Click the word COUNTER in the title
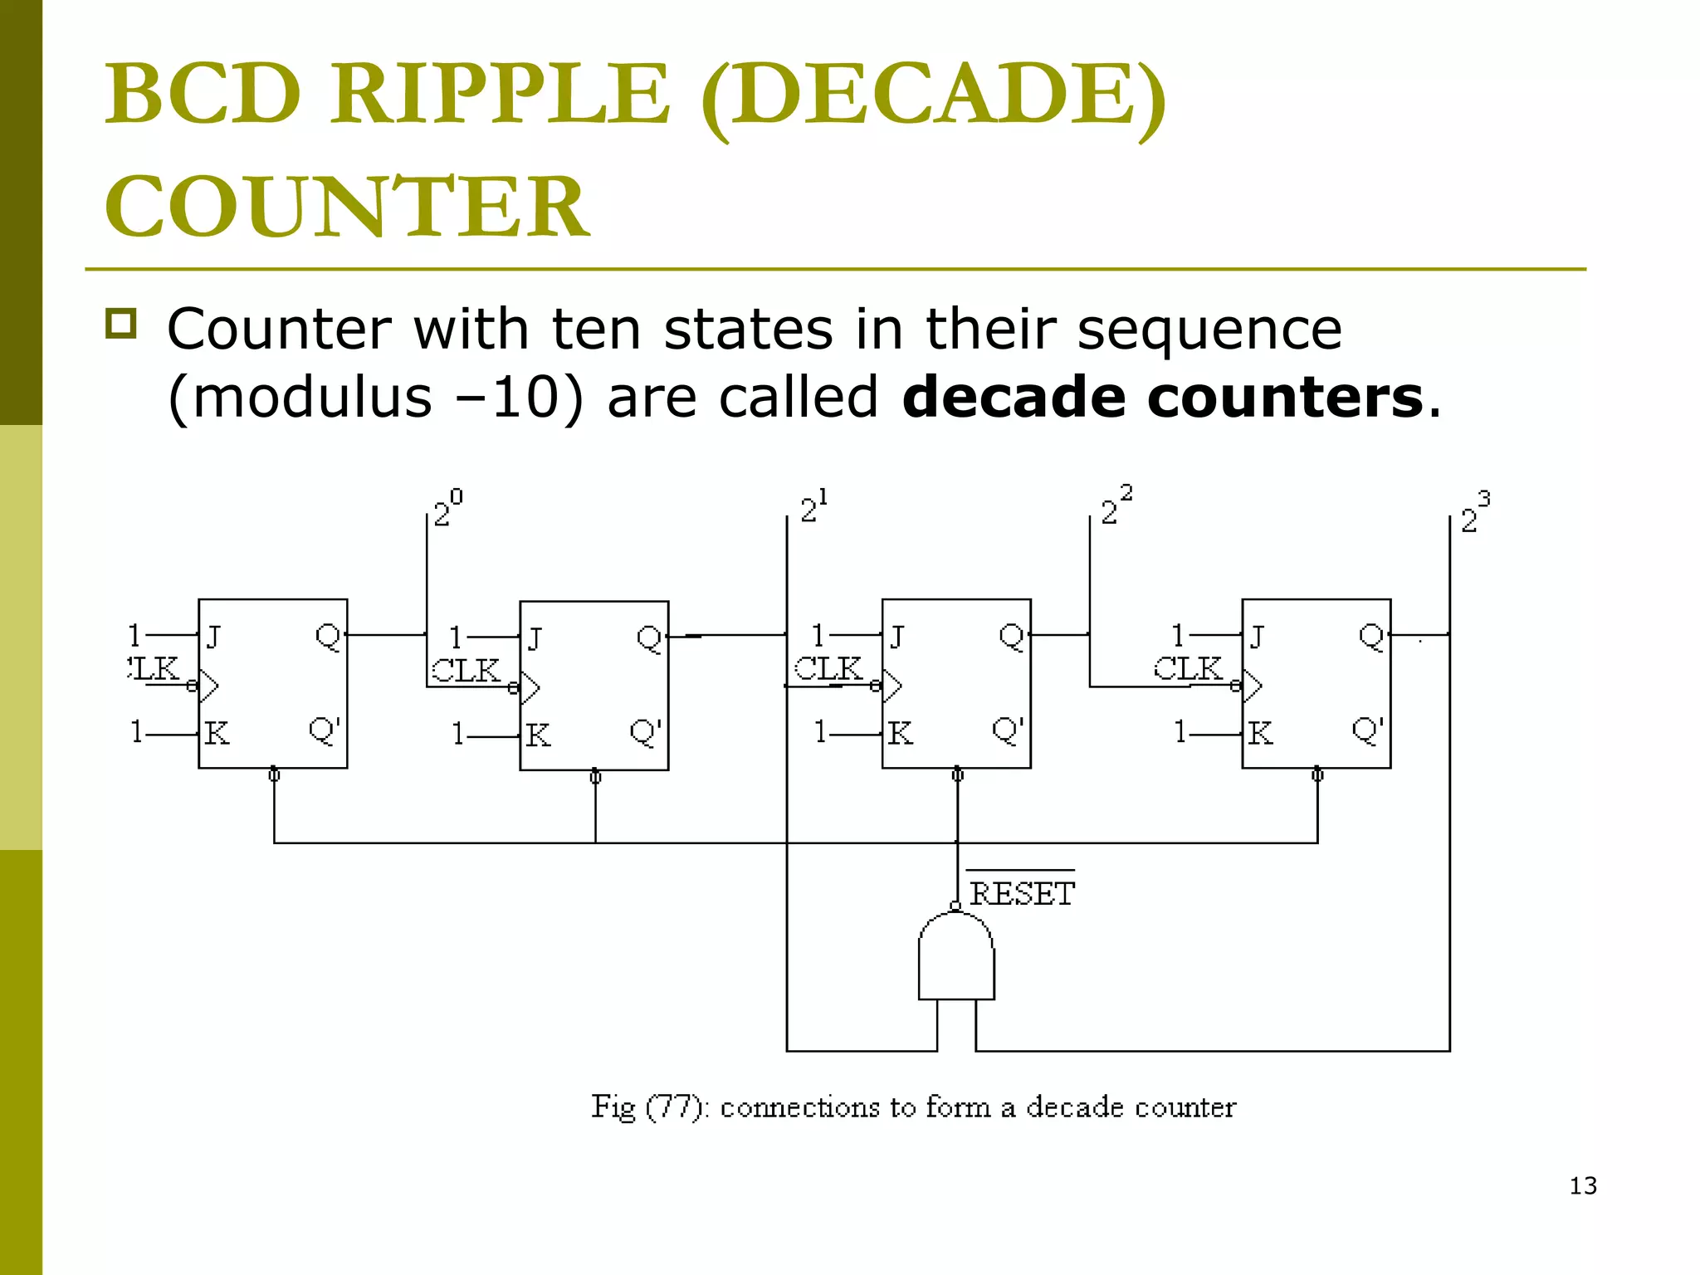tap(347, 207)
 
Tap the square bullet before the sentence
tap(121, 324)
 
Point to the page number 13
tap(1583, 1186)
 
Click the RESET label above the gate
tap(1022, 894)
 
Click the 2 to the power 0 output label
tap(447, 509)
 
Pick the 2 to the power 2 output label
tap(1115, 506)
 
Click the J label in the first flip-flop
tap(213, 637)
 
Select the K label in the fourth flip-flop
tap(1260, 733)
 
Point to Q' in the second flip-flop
tap(645, 732)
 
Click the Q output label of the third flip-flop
tap(1011, 637)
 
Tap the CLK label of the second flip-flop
tap(466, 670)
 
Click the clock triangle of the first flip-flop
tap(208, 686)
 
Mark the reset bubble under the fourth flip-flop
tap(1317, 775)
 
